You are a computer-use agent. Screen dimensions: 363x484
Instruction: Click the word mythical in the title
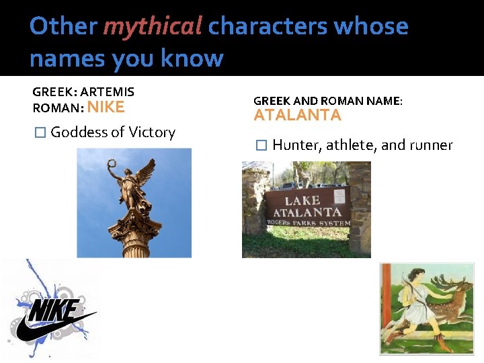click(x=152, y=26)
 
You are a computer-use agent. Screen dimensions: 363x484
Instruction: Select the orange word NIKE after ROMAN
click(x=106, y=107)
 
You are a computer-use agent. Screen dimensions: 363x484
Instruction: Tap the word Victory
click(x=151, y=132)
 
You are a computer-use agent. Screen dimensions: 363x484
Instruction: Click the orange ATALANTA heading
click(x=297, y=116)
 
